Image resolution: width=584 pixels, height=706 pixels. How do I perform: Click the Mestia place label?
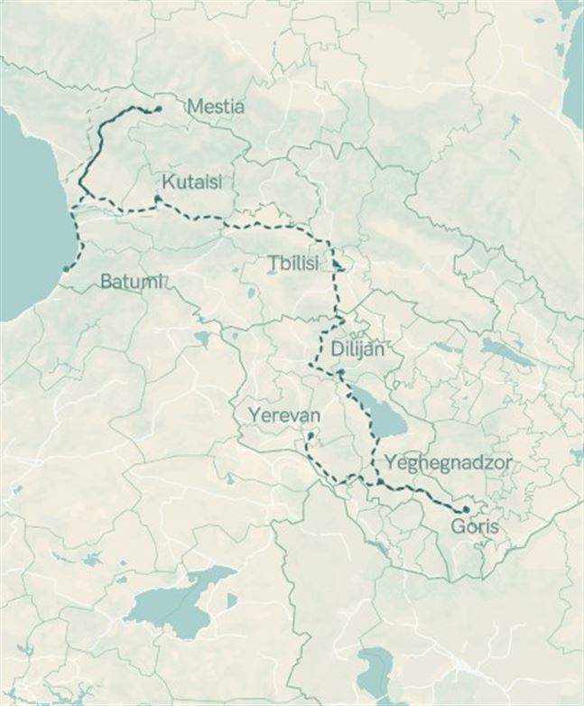(x=215, y=107)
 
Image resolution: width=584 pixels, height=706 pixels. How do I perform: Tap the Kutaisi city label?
(x=192, y=180)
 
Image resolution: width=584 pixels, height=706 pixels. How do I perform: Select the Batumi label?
(x=132, y=281)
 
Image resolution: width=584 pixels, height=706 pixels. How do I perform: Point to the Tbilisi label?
(x=293, y=264)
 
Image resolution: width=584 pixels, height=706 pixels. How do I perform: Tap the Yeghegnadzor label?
(x=448, y=462)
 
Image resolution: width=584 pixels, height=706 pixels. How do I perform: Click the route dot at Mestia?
(x=158, y=108)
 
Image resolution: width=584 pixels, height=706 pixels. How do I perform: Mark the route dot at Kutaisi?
(x=158, y=199)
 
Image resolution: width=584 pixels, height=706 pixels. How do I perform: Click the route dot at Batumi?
(x=66, y=267)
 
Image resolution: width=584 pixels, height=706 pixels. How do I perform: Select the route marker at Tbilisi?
(x=337, y=265)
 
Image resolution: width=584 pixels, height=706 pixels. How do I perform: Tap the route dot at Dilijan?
(x=341, y=372)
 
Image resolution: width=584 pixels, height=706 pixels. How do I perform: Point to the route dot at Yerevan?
(x=310, y=436)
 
